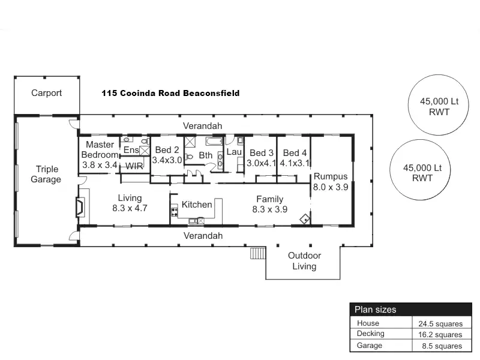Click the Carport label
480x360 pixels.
click(46, 94)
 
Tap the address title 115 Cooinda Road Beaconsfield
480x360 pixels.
click(170, 93)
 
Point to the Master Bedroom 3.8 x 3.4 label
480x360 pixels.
click(100, 154)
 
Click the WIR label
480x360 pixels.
click(134, 166)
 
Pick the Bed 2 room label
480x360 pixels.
click(167, 155)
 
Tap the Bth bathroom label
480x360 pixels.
click(206, 155)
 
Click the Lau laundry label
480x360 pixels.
click(233, 152)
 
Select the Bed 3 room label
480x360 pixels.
click(261, 157)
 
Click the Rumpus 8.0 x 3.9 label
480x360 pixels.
click(330, 181)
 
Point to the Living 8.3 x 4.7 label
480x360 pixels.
click(130, 203)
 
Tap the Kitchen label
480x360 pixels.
click(197, 205)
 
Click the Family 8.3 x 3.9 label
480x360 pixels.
click(270, 204)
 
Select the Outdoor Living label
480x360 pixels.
click(304, 260)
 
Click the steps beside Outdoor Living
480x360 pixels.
click(258, 253)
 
